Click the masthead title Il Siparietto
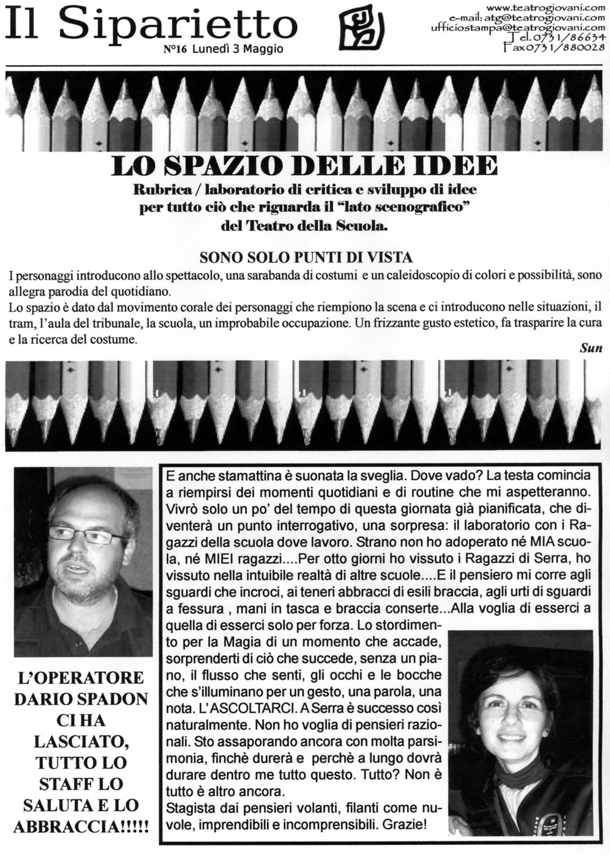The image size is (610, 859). pos(150,24)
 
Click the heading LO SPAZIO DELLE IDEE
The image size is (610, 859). pos(304,166)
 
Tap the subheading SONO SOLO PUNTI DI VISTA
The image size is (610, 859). pos(306,258)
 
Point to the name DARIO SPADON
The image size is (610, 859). pos(81,699)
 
